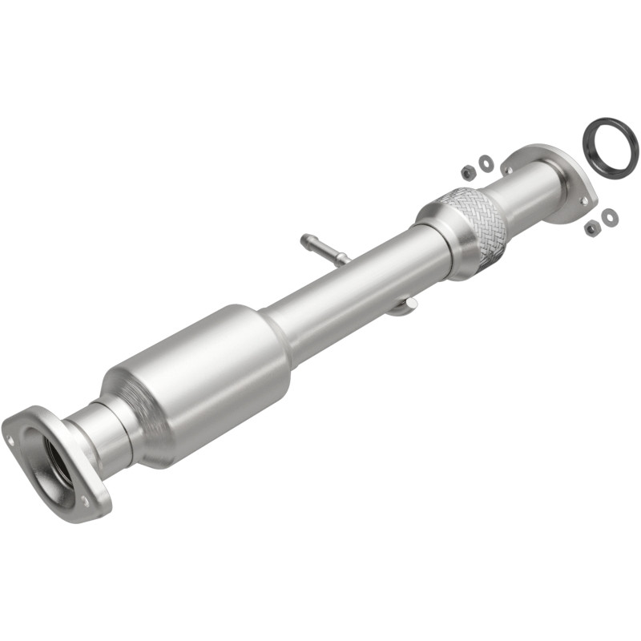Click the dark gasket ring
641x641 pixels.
611,146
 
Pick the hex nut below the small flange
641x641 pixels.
592,228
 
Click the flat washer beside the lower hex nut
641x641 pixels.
609,216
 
